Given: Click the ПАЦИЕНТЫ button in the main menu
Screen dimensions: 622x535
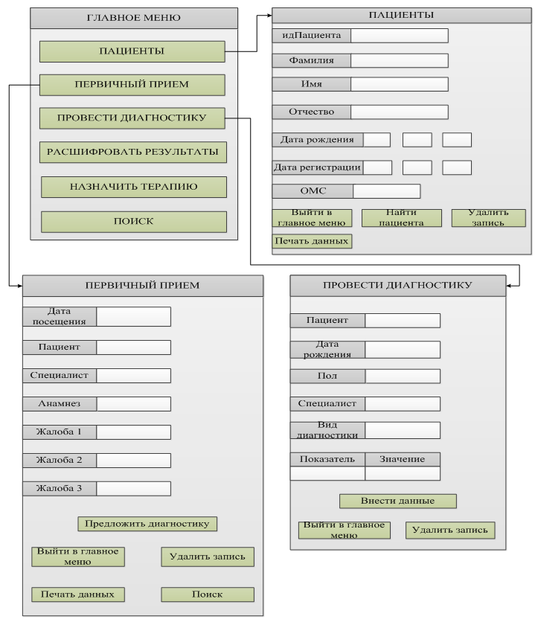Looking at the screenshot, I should coord(132,51).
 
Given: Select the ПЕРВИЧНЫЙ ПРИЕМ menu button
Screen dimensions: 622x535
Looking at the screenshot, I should coord(132,85).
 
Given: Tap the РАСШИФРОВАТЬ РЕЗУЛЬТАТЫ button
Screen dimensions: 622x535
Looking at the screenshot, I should coord(132,153).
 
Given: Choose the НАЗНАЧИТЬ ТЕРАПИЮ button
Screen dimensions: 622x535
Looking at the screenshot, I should coord(134,187).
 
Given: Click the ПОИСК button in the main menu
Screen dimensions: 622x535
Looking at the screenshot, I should coord(134,222).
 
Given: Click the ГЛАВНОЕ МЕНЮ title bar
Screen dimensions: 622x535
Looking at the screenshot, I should coord(134,18).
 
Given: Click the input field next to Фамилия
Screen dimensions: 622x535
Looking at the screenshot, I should coord(400,60).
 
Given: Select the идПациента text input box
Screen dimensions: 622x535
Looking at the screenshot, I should coord(400,35).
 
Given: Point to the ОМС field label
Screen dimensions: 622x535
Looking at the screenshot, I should coord(313,191).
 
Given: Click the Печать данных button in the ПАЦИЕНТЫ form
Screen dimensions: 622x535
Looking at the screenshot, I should coord(312,241).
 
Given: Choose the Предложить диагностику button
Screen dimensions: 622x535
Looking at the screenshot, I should coord(147,524).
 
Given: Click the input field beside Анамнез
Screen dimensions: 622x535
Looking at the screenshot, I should coord(134,404).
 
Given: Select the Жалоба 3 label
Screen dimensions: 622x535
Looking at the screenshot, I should coord(60,489).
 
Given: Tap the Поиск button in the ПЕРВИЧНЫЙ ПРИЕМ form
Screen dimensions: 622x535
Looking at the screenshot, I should coord(208,594).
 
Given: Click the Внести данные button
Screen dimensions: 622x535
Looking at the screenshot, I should coord(397,501).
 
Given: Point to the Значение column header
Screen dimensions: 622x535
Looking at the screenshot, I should coord(403,459).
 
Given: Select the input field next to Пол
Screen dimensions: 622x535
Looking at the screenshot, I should coord(403,376).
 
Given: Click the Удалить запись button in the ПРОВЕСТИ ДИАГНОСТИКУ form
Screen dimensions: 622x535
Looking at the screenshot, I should coord(450,530).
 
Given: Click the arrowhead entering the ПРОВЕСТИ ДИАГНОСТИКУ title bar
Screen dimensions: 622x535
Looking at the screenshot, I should coord(509,286).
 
